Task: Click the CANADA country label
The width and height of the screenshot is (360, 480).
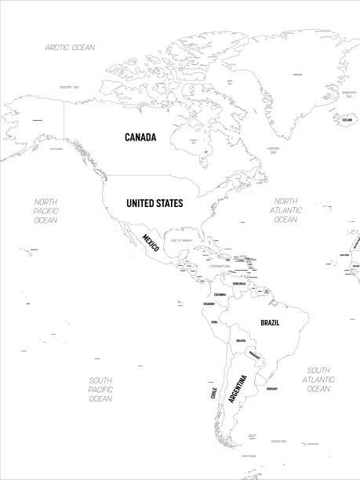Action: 140,137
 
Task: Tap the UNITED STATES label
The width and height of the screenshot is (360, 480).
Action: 155,203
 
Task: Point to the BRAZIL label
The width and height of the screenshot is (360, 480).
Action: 270,322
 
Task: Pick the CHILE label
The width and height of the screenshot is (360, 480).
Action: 213,392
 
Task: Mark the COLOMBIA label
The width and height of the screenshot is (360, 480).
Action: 220,294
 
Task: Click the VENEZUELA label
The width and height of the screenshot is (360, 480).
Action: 245,284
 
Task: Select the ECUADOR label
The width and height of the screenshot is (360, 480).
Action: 208,304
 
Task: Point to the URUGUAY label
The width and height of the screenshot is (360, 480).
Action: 272,389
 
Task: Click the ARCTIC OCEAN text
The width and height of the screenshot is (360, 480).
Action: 70,48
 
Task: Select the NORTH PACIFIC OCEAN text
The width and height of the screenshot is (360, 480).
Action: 45,211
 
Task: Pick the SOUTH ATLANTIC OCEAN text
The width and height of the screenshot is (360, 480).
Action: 318,380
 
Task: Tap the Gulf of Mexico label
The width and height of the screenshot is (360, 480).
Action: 182,240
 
